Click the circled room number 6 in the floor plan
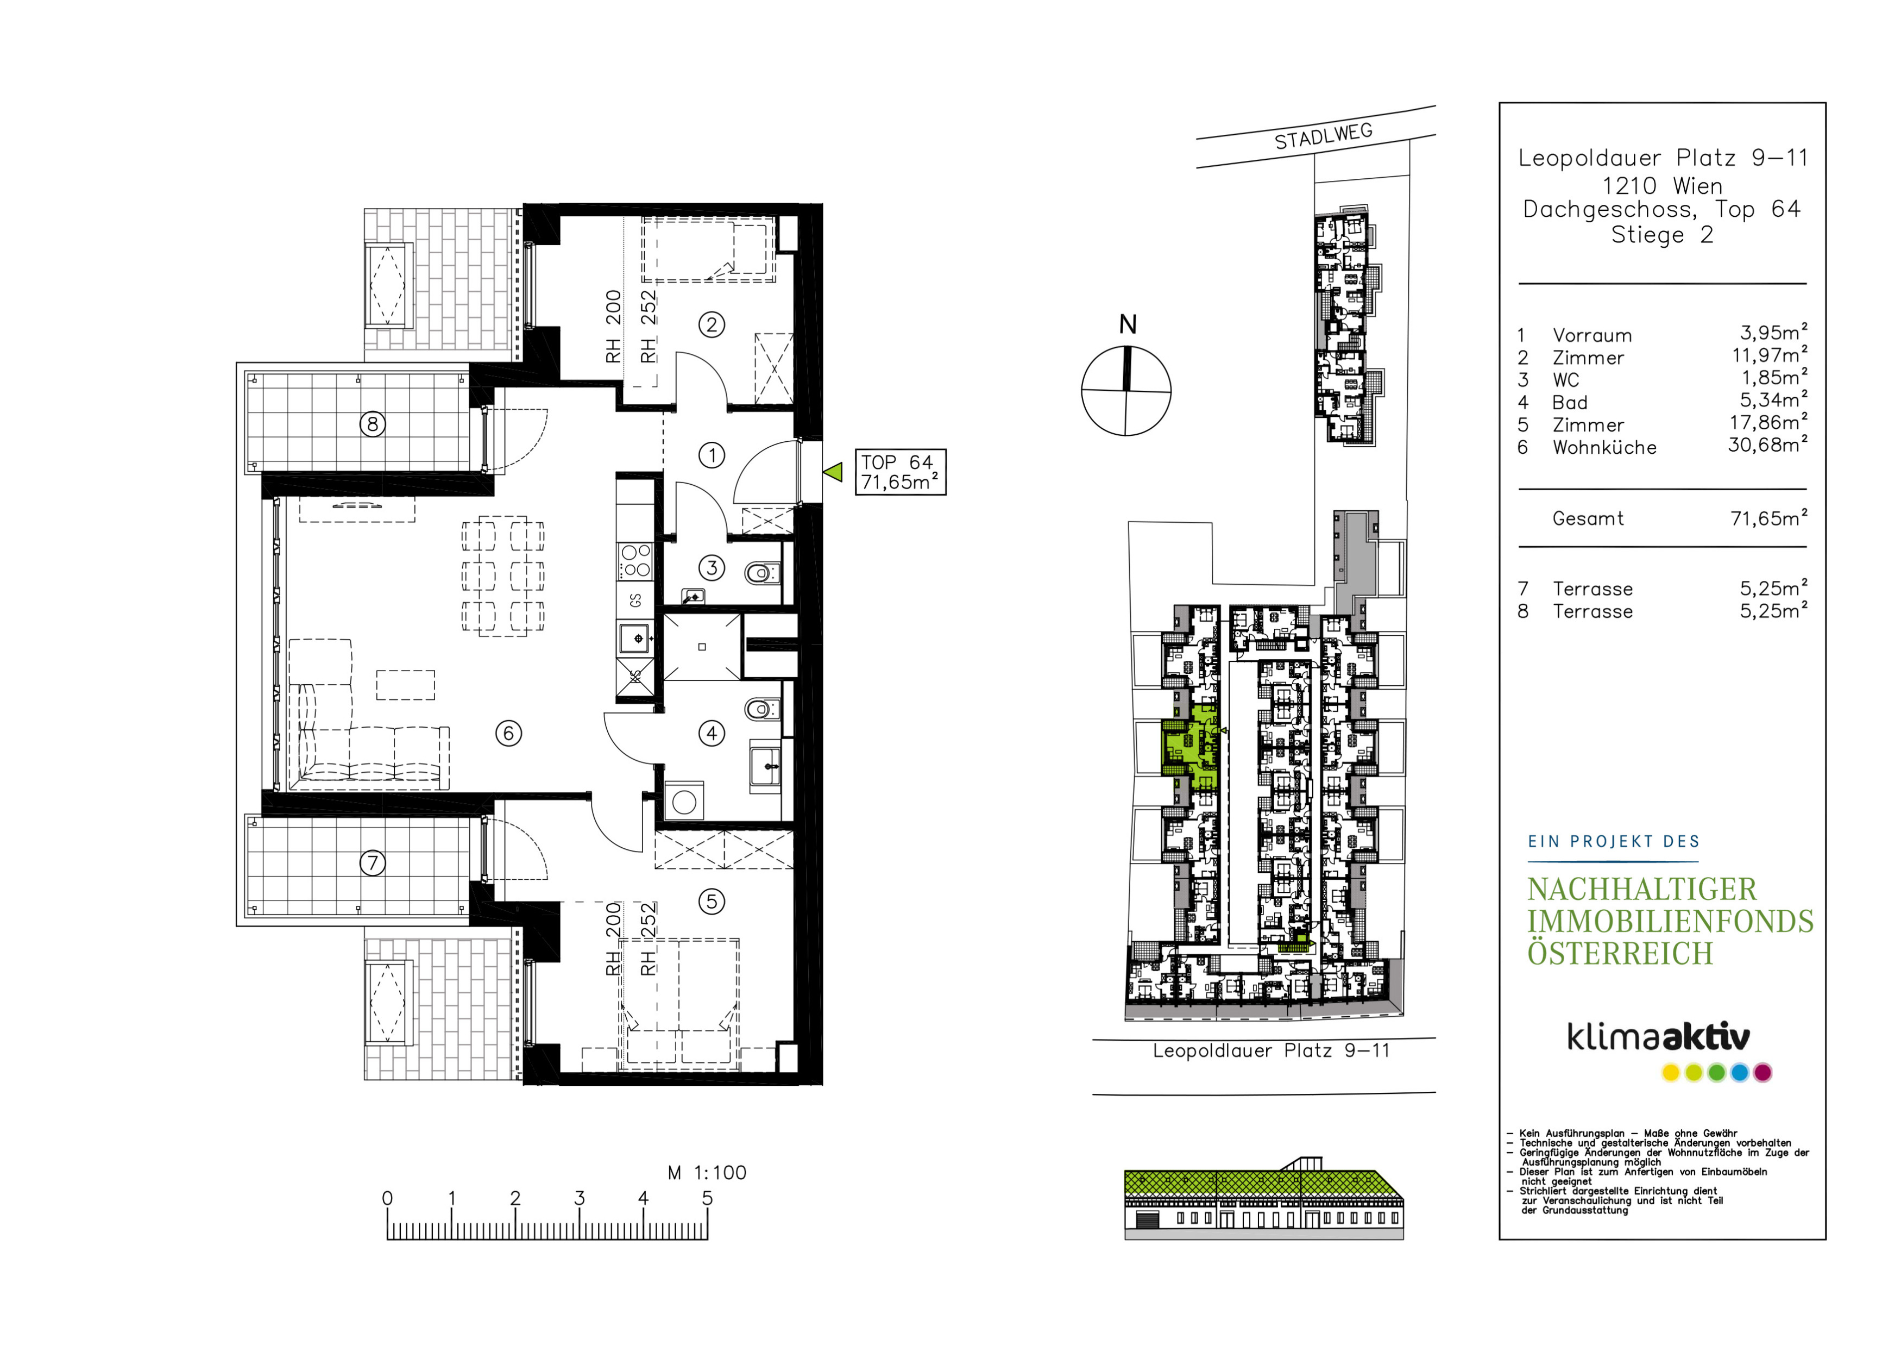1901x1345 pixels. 508,733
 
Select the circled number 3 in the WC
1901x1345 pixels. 711,568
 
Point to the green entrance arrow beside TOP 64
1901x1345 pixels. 833,472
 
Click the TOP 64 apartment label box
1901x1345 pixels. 900,472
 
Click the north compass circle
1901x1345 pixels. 1126,390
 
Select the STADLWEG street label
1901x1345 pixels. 1323,136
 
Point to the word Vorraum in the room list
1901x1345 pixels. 1592,335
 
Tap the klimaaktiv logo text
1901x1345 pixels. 1658,1036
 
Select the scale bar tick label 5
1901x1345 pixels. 707,1198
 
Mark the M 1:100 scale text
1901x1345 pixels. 707,1173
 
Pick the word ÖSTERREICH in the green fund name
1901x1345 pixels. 1620,953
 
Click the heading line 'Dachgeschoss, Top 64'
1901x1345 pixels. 1661,210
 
